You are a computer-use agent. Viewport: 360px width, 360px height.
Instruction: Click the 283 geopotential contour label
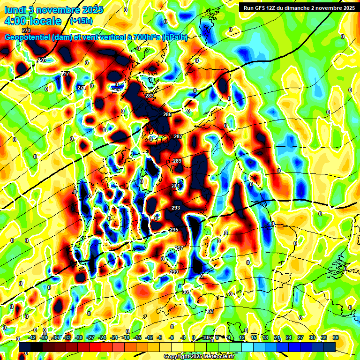pyautogui.click(x=150, y=96)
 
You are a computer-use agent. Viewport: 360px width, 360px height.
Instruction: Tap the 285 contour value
pyautogui.click(x=167, y=114)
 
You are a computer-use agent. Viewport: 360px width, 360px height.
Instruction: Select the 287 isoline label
pyautogui.click(x=178, y=136)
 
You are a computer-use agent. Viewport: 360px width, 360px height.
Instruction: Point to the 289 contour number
pyautogui.click(x=177, y=161)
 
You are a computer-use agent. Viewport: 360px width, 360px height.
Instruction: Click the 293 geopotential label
pyautogui.click(x=176, y=208)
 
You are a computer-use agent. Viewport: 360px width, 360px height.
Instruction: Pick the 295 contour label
pyautogui.click(x=174, y=230)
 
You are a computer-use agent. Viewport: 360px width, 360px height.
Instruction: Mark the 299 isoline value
pyautogui.click(x=174, y=272)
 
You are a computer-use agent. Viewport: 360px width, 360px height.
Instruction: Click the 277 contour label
pyautogui.click(x=66, y=74)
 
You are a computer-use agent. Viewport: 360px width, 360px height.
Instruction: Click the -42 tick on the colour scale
pyautogui.click(x=32, y=337)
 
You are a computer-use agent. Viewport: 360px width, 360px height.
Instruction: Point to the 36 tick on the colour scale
pyautogui.click(x=335, y=337)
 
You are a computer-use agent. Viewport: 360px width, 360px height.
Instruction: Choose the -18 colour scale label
pyautogui.click(x=126, y=337)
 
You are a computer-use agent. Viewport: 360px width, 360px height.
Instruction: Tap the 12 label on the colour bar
pyautogui.click(x=242, y=337)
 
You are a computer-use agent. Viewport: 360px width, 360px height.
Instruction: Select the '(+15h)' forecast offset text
pyautogui.click(x=81, y=21)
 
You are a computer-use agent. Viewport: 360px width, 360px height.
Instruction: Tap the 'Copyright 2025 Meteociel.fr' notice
pyautogui.click(x=199, y=356)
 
